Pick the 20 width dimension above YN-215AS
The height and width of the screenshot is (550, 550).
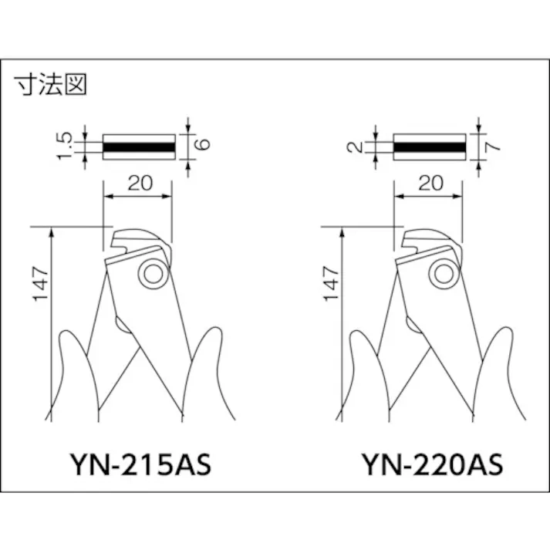tap(140, 183)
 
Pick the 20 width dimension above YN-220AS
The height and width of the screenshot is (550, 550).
tap(431, 183)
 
